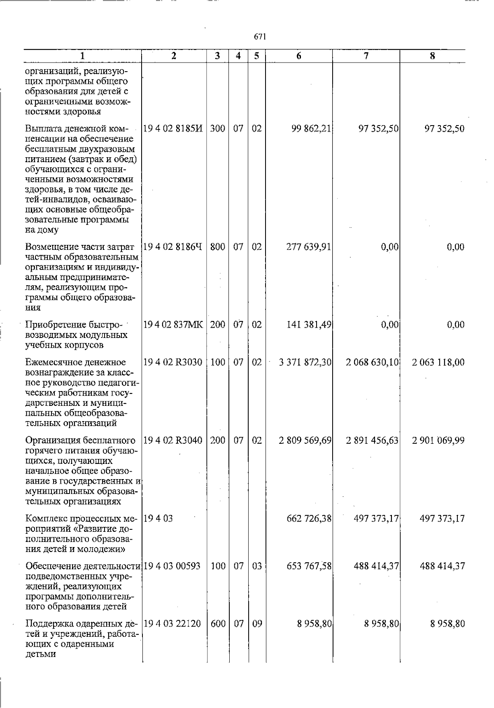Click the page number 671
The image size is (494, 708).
[x=260, y=37]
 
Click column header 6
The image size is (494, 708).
[x=298, y=56]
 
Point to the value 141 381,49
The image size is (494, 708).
[x=309, y=325]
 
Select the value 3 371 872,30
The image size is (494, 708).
[x=305, y=363]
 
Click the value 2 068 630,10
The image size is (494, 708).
[x=372, y=363]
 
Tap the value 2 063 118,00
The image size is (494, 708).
[x=438, y=363]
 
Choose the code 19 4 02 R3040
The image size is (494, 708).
[x=173, y=440]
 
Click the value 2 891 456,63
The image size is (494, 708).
[x=372, y=440]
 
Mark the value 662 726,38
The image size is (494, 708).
[x=309, y=518]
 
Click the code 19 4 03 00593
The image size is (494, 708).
[x=172, y=566]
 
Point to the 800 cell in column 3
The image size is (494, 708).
[x=218, y=247]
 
